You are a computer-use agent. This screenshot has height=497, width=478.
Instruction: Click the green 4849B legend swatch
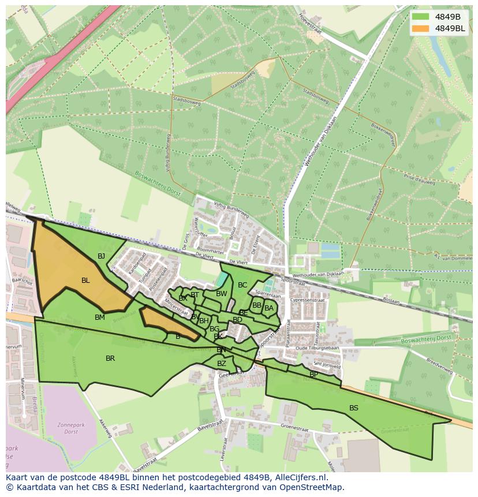pos(421,17)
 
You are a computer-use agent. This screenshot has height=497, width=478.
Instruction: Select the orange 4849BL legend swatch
pos(421,28)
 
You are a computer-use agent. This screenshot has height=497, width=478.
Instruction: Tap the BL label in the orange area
pos(85,281)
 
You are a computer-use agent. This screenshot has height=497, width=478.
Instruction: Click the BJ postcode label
pos(101,256)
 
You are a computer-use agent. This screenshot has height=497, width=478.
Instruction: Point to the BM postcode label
pos(100,317)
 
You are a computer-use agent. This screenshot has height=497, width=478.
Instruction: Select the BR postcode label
pos(110,358)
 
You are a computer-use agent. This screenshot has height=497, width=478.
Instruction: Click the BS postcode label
pos(353,408)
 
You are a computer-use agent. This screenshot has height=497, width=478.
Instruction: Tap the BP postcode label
pos(313,374)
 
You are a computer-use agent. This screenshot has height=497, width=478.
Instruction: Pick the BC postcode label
pos(242,285)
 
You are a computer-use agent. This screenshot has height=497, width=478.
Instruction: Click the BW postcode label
pos(221,294)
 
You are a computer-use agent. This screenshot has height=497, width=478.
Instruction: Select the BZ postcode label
pos(222,364)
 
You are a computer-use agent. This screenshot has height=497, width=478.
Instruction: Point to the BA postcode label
pos(268,308)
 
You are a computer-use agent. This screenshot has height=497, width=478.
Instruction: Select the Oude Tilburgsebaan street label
pos(314,347)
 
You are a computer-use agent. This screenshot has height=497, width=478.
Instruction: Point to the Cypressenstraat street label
pos(308,300)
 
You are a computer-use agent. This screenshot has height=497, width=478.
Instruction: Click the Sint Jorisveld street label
pos(327,365)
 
